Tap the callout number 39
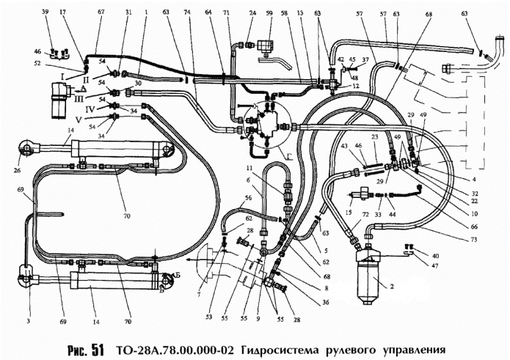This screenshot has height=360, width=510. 45,14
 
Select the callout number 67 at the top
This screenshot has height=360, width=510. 101,13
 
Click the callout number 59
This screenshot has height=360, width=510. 269,14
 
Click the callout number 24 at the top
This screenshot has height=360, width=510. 252,14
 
